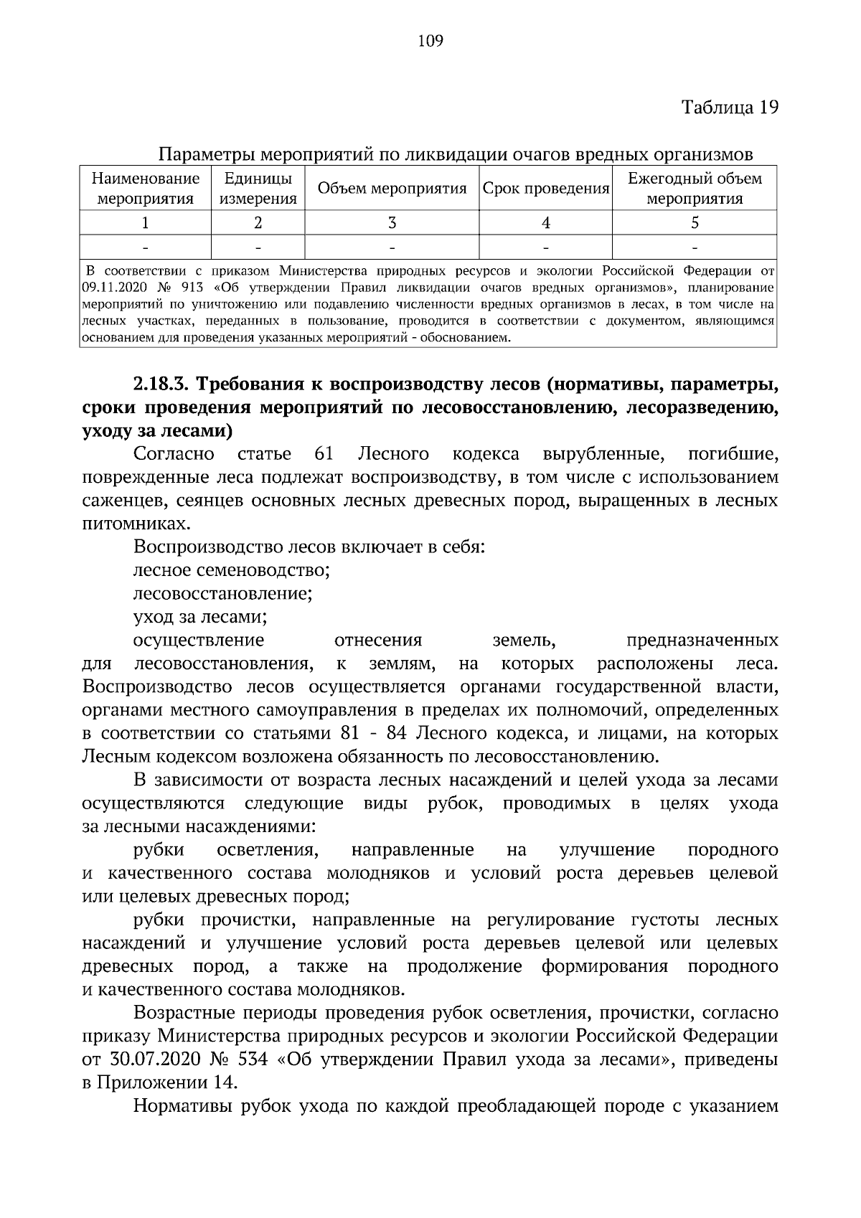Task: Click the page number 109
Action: (x=430, y=41)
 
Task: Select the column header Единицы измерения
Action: (x=258, y=189)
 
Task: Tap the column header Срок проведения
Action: (x=545, y=189)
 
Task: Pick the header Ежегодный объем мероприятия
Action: (x=694, y=189)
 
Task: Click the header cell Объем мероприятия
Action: (x=392, y=189)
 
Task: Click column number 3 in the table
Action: (x=392, y=223)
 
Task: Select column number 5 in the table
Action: (x=694, y=223)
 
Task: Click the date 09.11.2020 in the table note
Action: (x=108, y=288)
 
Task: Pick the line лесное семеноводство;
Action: (x=231, y=571)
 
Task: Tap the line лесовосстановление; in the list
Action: (x=222, y=595)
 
